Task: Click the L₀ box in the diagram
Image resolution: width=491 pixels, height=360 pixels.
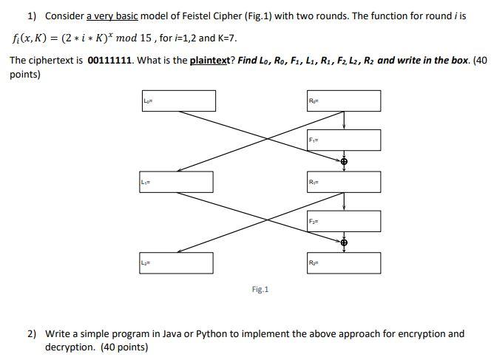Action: pyautogui.click(x=179, y=101)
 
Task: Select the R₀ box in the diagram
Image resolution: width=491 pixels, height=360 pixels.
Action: pyautogui.click(x=344, y=101)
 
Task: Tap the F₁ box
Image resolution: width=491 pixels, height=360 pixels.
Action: pyautogui.click(x=344, y=140)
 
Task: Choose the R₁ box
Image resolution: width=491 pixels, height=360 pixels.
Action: pyautogui.click(x=344, y=182)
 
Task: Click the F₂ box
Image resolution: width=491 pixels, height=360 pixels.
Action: pyautogui.click(x=344, y=221)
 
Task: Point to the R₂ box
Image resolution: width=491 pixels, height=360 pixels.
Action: pyautogui.click(x=344, y=263)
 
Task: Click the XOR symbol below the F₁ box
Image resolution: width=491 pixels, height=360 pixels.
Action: pyautogui.click(x=344, y=161)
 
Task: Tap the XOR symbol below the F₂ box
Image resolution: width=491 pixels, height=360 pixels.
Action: pyautogui.click(x=344, y=242)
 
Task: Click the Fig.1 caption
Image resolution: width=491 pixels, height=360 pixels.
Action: pyautogui.click(x=260, y=289)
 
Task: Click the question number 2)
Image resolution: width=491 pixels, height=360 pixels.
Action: pyautogui.click(x=32, y=334)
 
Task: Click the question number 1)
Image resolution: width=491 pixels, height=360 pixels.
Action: pyautogui.click(x=32, y=16)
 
